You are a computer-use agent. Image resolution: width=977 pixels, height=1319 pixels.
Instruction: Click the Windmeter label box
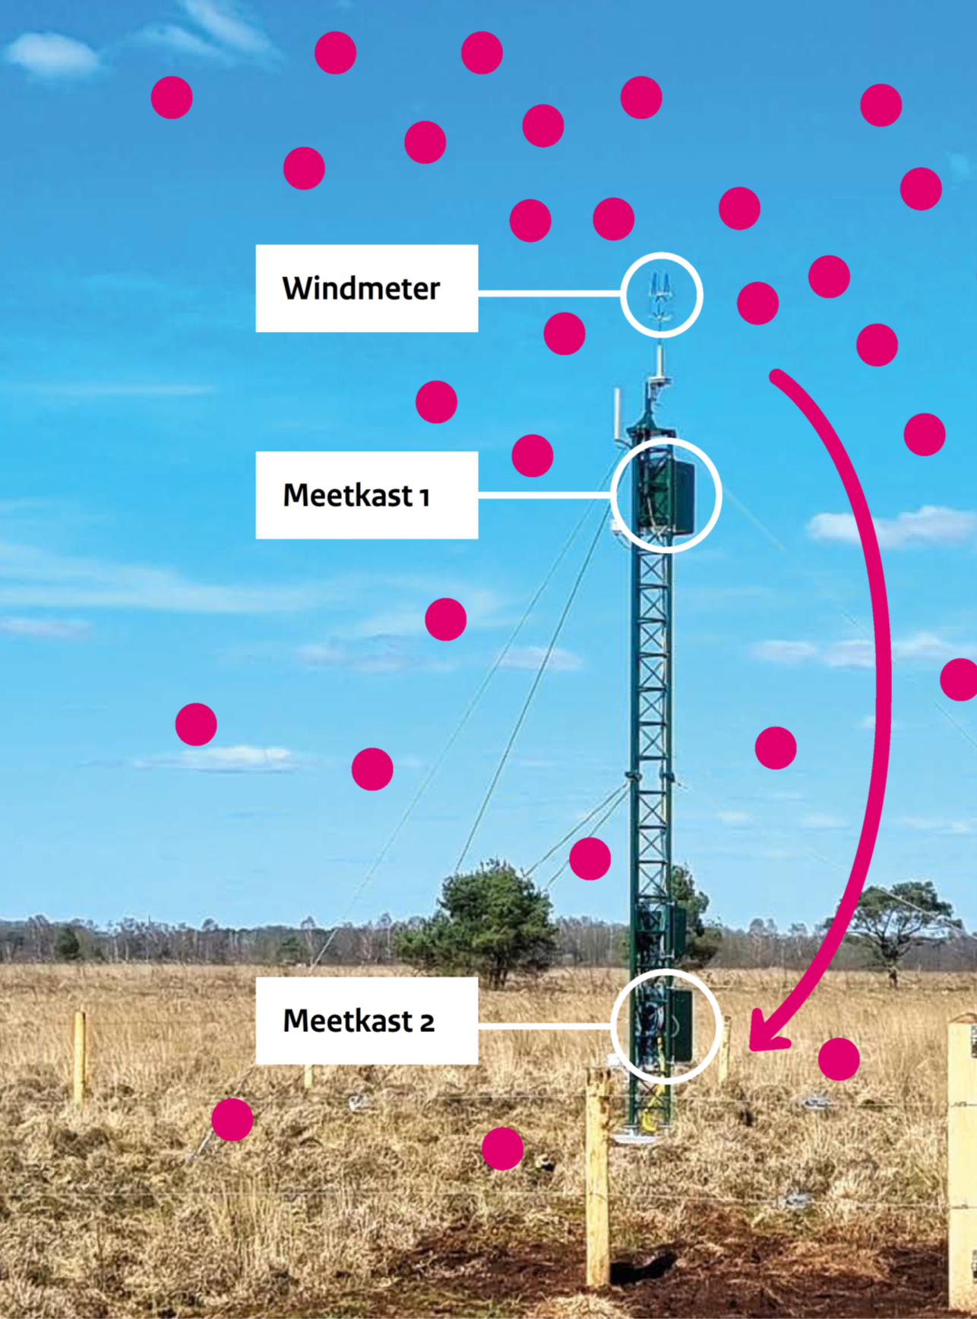(366, 289)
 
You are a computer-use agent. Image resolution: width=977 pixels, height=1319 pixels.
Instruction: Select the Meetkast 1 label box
(366, 495)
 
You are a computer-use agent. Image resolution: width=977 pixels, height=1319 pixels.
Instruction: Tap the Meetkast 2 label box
(366, 1021)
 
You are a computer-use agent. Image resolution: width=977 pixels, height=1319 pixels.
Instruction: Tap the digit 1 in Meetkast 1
(425, 497)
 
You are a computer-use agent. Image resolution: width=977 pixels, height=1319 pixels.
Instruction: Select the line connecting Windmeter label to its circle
(549, 292)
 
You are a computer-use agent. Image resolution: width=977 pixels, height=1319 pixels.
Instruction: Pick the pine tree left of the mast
(486, 919)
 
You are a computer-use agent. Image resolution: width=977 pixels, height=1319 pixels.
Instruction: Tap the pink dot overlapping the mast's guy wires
(590, 859)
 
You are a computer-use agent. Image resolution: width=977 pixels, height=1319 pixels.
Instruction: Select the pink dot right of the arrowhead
(839, 1059)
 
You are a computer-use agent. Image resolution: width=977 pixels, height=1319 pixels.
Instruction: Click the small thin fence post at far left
(79, 1056)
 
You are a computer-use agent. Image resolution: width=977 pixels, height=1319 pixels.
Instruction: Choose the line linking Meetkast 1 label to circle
(544, 494)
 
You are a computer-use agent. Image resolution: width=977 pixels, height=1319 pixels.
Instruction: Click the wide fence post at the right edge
(962, 1154)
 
